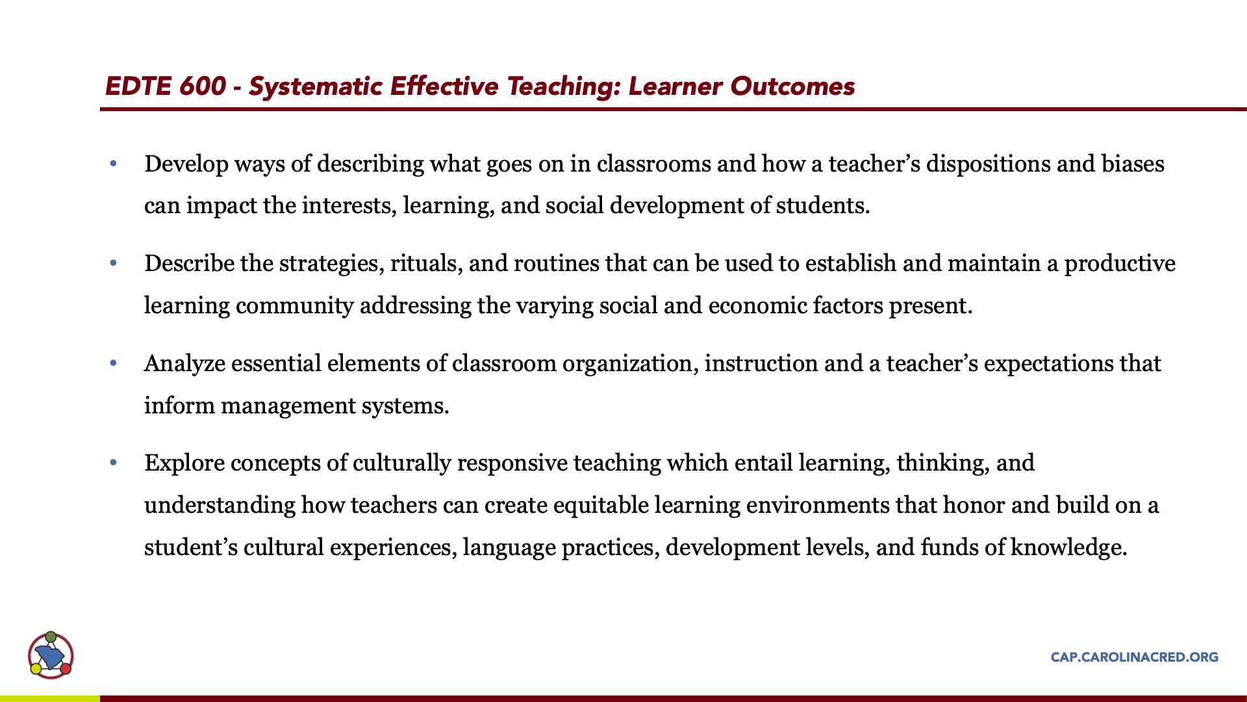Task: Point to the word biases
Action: click(x=1133, y=164)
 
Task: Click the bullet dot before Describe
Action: click(x=114, y=263)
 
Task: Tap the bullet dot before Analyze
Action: click(x=114, y=363)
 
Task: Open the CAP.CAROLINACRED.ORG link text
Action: click(x=1135, y=657)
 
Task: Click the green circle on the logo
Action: click(x=51, y=636)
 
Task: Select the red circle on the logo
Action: click(x=66, y=668)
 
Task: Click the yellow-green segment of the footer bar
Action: click(x=50, y=699)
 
